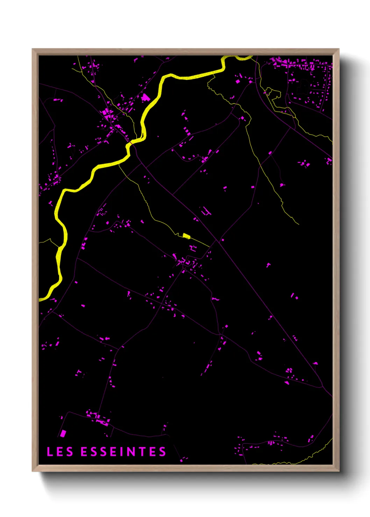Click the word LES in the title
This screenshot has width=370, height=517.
click(60, 452)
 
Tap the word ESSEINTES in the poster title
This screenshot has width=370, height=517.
click(123, 452)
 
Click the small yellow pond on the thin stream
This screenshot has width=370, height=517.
click(186, 236)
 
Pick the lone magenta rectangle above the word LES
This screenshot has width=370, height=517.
click(63, 434)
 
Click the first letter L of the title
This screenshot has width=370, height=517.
click(50, 452)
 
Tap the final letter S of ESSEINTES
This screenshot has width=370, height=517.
click(163, 452)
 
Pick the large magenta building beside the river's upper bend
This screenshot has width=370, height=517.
click(145, 97)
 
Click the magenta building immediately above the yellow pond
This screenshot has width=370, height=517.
click(193, 248)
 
